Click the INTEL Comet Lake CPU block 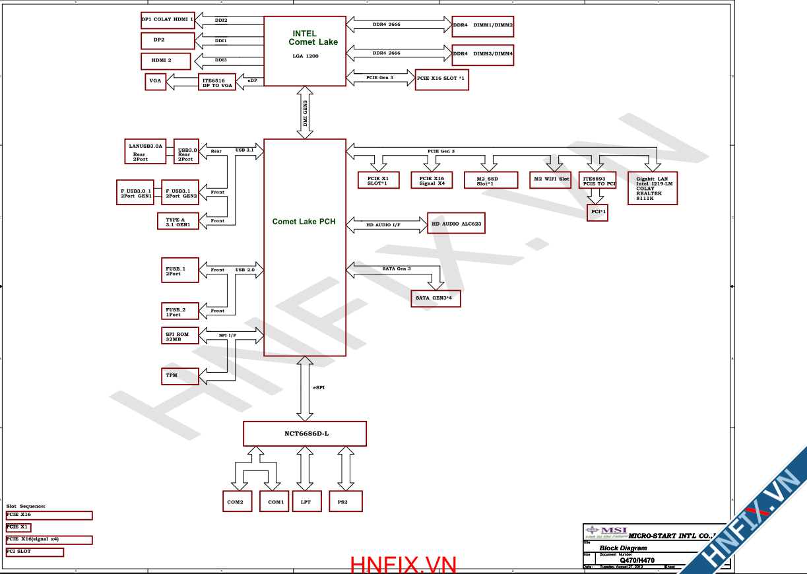pos(305,51)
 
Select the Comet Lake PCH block pos(305,247)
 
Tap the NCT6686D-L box pos(305,433)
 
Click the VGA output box pos(155,82)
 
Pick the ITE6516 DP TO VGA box pos(217,82)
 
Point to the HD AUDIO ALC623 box pos(457,224)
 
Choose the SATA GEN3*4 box pos(436,298)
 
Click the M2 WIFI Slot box pos(552,179)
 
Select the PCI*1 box pos(597,212)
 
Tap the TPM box pos(179,376)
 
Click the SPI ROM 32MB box pos(179,336)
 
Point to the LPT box pos(306,501)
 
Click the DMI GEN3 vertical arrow pos(305,112)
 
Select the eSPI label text pos(319,388)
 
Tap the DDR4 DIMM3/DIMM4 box pos(482,54)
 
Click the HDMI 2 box pos(166,61)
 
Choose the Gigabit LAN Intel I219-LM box pos(653,188)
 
